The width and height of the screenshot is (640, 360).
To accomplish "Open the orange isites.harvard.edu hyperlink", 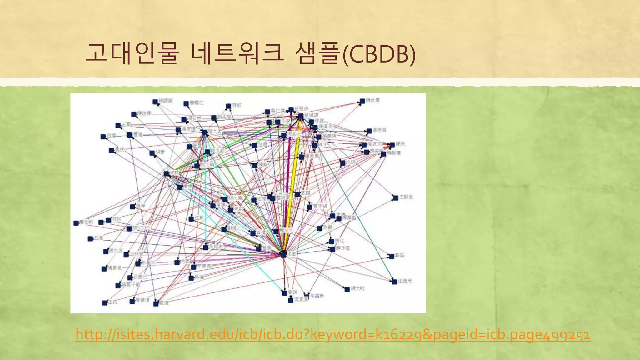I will pyautogui.click(x=333, y=334).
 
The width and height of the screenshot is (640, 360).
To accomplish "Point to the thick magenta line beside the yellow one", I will pyautogui.click(x=288, y=175).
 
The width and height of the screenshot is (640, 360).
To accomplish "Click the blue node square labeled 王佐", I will pyautogui.click(x=105, y=303).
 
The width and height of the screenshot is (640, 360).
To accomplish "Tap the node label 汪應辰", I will pyautogui.click(x=405, y=281).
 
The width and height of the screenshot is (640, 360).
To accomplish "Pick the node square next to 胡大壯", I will pyautogui.click(x=347, y=289).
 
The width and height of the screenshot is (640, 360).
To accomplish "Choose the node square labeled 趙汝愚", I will pyautogui.click(x=362, y=101).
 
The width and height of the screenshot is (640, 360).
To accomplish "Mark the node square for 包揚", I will pyautogui.click(x=103, y=137).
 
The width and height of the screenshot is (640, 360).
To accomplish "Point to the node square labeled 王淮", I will pyautogui.click(x=90, y=239).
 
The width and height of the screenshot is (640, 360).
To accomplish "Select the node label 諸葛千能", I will pyautogui.click(x=131, y=285).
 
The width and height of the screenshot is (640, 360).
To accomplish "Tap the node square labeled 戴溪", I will pyautogui.click(x=391, y=256).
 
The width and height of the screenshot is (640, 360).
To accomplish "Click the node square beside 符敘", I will pyautogui.click(x=228, y=106).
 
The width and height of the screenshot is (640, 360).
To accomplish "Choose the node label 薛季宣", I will pyautogui.click(x=343, y=248).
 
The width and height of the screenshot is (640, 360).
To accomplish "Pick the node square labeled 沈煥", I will pyautogui.click(x=343, y=163).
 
